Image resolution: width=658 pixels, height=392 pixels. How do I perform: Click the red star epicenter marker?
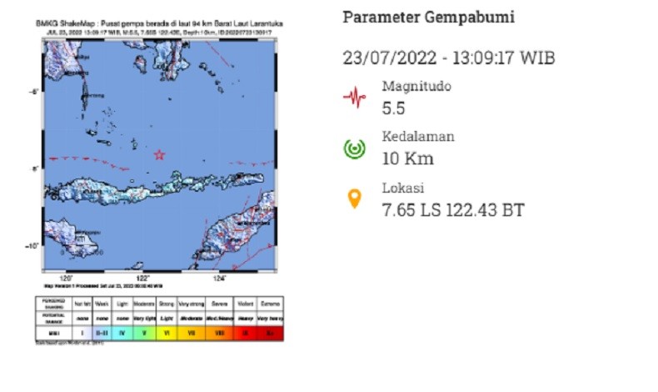[159, 154]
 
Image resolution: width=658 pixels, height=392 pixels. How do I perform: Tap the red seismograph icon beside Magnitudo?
[355, 98]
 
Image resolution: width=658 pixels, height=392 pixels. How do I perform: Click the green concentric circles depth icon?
[355, 148]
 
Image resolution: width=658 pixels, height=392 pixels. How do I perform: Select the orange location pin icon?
[355, 199]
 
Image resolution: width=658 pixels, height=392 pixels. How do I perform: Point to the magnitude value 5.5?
[396, 108]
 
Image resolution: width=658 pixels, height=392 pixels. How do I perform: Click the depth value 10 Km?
[408, 158]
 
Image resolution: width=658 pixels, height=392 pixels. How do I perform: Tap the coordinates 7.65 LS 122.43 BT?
[453, 209]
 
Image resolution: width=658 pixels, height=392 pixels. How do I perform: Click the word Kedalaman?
[418, 137]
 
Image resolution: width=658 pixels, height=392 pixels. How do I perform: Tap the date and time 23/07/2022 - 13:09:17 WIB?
[449, 58]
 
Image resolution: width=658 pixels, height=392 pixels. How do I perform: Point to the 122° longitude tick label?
[142, 277]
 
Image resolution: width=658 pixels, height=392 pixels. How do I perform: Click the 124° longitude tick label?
[220, 277]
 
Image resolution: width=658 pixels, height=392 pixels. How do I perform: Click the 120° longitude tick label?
[67, 277]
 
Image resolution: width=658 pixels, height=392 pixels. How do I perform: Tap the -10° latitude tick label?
[31, 245]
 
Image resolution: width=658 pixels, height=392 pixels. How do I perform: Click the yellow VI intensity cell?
[167, 333]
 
